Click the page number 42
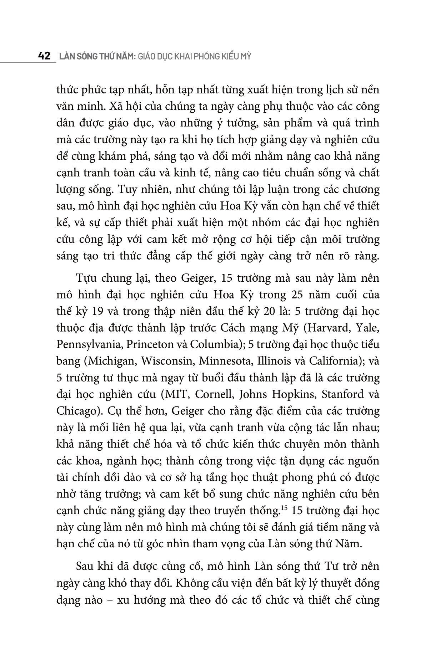44,56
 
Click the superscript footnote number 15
284,507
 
